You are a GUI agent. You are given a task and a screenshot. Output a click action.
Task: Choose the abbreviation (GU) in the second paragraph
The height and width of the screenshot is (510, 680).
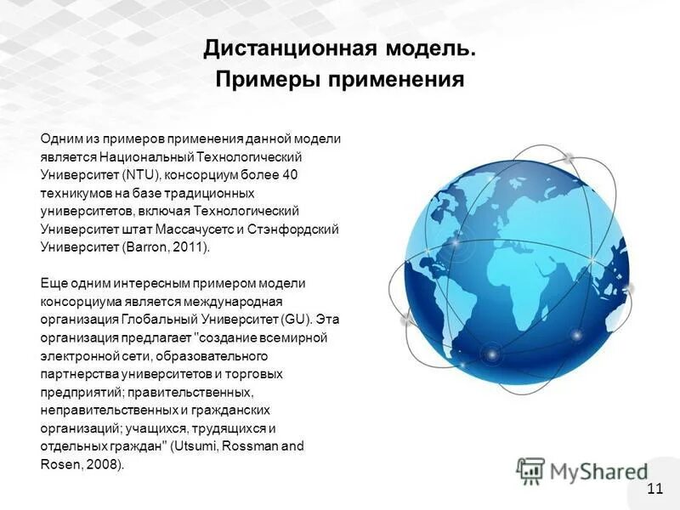[x=297, y=320]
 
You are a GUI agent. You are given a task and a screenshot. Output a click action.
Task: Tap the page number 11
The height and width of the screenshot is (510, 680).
[x=654, y=487]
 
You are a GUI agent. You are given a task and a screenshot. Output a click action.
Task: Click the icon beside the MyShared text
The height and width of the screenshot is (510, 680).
[x=530, y=470]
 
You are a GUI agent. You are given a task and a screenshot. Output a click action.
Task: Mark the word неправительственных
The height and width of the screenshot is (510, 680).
[x=105, y=410]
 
